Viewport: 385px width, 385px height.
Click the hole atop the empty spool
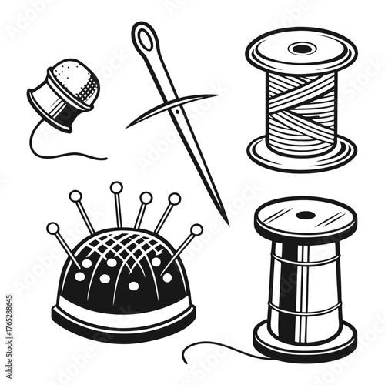pyautogui.click(x=306, y=215)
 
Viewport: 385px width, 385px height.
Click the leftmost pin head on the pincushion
pyautogui.click(x=53, y=228)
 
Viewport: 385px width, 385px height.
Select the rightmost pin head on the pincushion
pyautogui.click(x=197, y=229)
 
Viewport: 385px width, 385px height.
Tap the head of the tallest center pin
pyautogui.click(x=115, y=187)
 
